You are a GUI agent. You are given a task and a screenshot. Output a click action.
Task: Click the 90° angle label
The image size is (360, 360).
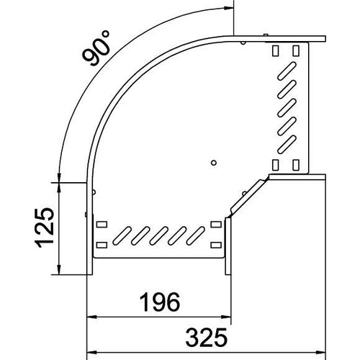(96, 48)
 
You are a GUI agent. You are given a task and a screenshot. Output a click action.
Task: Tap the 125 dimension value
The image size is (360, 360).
(45, 228)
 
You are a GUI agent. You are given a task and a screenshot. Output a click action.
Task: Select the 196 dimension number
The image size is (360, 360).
(159, 302)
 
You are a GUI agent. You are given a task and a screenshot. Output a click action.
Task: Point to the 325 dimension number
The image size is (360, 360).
(206, 338)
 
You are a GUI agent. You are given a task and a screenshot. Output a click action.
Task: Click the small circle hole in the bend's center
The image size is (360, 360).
(214, 163)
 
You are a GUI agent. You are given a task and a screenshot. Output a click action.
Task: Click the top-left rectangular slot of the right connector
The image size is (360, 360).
(275, 50)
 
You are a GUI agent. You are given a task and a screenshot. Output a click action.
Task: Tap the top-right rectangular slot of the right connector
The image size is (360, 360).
(296, 50)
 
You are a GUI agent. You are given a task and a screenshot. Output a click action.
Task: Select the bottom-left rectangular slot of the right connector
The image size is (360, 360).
(275, 165)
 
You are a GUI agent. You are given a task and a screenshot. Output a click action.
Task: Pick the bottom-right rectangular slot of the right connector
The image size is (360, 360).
(296, 165)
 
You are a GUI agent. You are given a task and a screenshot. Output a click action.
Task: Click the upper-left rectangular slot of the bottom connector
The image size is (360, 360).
(102, 225)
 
